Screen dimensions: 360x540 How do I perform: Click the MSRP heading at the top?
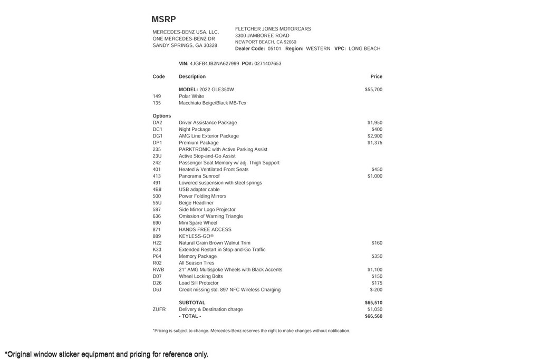(163, 20)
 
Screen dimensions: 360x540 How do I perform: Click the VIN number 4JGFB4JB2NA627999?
(214, 64)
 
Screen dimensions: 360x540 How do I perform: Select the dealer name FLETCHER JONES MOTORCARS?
(273, 29)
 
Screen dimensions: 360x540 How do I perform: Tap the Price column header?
(376, 77)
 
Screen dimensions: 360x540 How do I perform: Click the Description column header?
(192, 77)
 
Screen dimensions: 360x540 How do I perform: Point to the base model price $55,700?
(373, 90)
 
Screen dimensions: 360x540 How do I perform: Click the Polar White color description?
(191, 96)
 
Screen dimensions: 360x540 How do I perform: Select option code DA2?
(157, 123)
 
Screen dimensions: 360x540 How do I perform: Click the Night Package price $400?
(377, 130)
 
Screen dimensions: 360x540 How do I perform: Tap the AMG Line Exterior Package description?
(208, 136)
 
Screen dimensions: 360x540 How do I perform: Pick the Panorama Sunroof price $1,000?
(374, 176)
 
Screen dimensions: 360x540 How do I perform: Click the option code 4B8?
(157, 190)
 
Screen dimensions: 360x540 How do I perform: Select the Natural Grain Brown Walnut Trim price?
(377, 243)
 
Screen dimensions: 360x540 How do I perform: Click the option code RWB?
(158, 270)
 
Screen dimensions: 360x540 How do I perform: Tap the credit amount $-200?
(376, 290)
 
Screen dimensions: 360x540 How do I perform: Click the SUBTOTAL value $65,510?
(373, 303)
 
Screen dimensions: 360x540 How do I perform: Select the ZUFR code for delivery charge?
(159, 309)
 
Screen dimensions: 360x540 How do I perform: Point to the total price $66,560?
(373, 316)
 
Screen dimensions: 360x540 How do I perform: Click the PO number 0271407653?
(267, 64)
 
